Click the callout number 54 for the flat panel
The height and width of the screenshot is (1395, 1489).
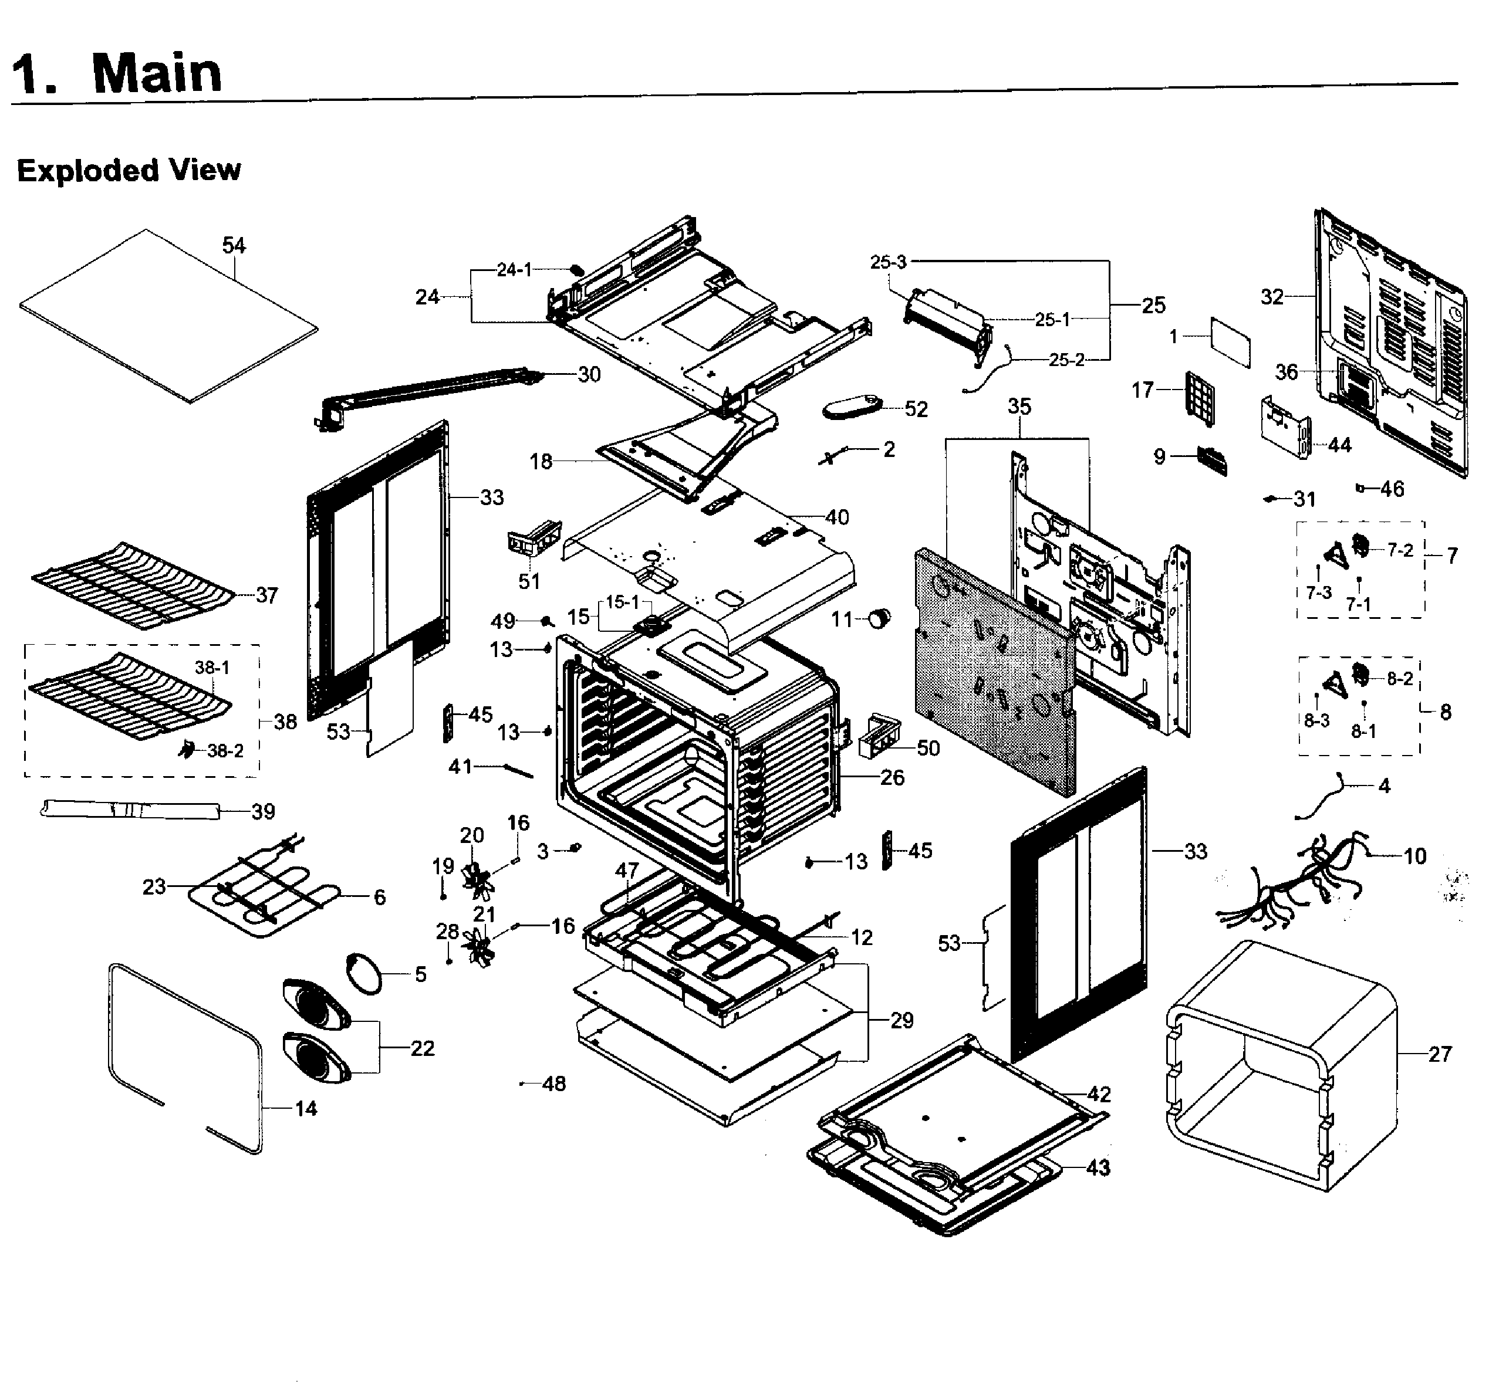(234, 246)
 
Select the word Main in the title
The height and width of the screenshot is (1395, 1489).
(157, 73)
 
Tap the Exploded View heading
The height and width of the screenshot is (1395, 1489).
(129, 171)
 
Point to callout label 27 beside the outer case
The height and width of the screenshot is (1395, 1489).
(1440, 1054)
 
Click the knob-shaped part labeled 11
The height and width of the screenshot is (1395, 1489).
(879, 618)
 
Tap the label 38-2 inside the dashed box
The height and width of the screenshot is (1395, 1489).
(225, 751)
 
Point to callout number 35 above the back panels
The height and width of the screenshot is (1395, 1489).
(1019, 407)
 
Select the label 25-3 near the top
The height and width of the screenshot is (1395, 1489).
(889, 262)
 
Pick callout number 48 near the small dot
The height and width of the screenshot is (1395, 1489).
(553, 1084)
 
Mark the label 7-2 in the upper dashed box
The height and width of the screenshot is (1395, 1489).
(1400, 550)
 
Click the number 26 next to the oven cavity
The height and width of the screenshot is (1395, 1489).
(892, 777)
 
